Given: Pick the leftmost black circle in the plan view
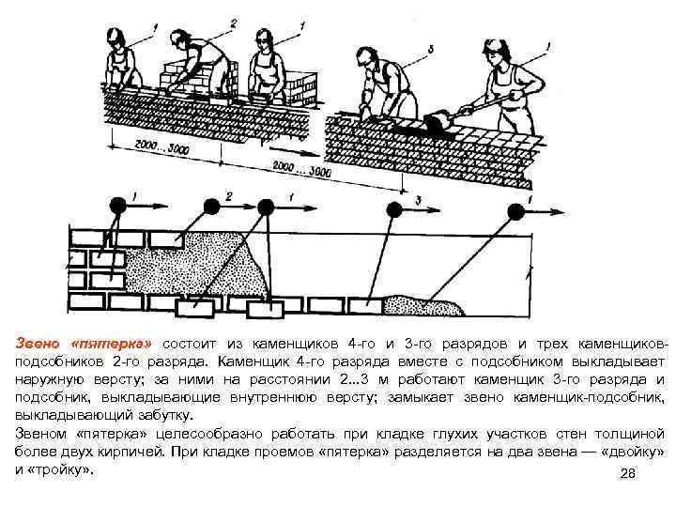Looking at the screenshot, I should coord(119,206).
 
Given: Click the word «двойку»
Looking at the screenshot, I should coord(628,450).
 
